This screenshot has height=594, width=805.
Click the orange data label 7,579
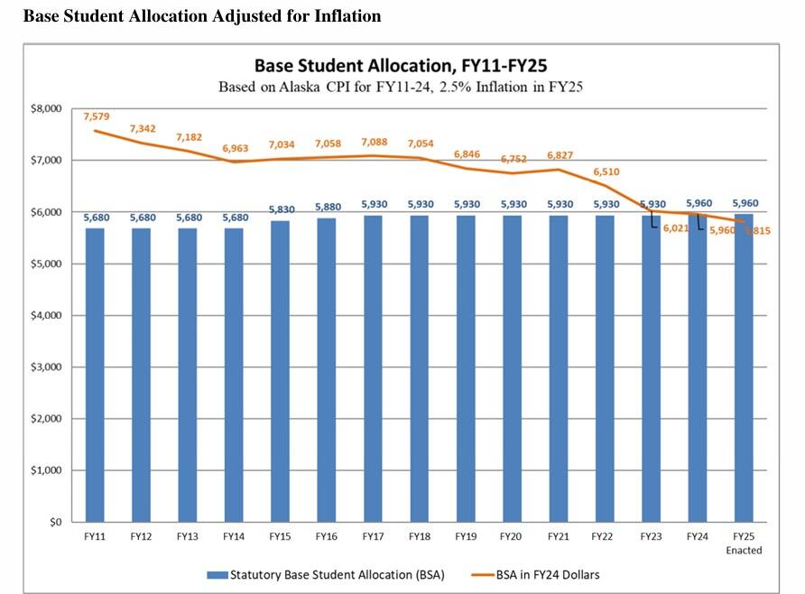tap(96, 116)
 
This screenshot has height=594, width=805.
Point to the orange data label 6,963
tap(235, 147)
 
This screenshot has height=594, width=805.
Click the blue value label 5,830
tap(280, 209)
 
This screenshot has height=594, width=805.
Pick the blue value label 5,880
tap(327, 207)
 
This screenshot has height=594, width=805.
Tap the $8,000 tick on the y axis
tap(46, 108)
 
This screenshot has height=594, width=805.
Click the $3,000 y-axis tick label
tap(46, 367)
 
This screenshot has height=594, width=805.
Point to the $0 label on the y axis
tap(53, 523)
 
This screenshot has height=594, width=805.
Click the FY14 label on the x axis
tap(234, 537)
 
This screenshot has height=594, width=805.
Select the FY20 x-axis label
tap(512, 537)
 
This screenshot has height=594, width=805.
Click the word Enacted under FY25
tap(744, 551)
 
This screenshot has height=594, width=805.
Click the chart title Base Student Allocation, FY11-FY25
tap(402, 67)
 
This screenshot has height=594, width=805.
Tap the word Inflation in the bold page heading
tap(348, 16)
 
